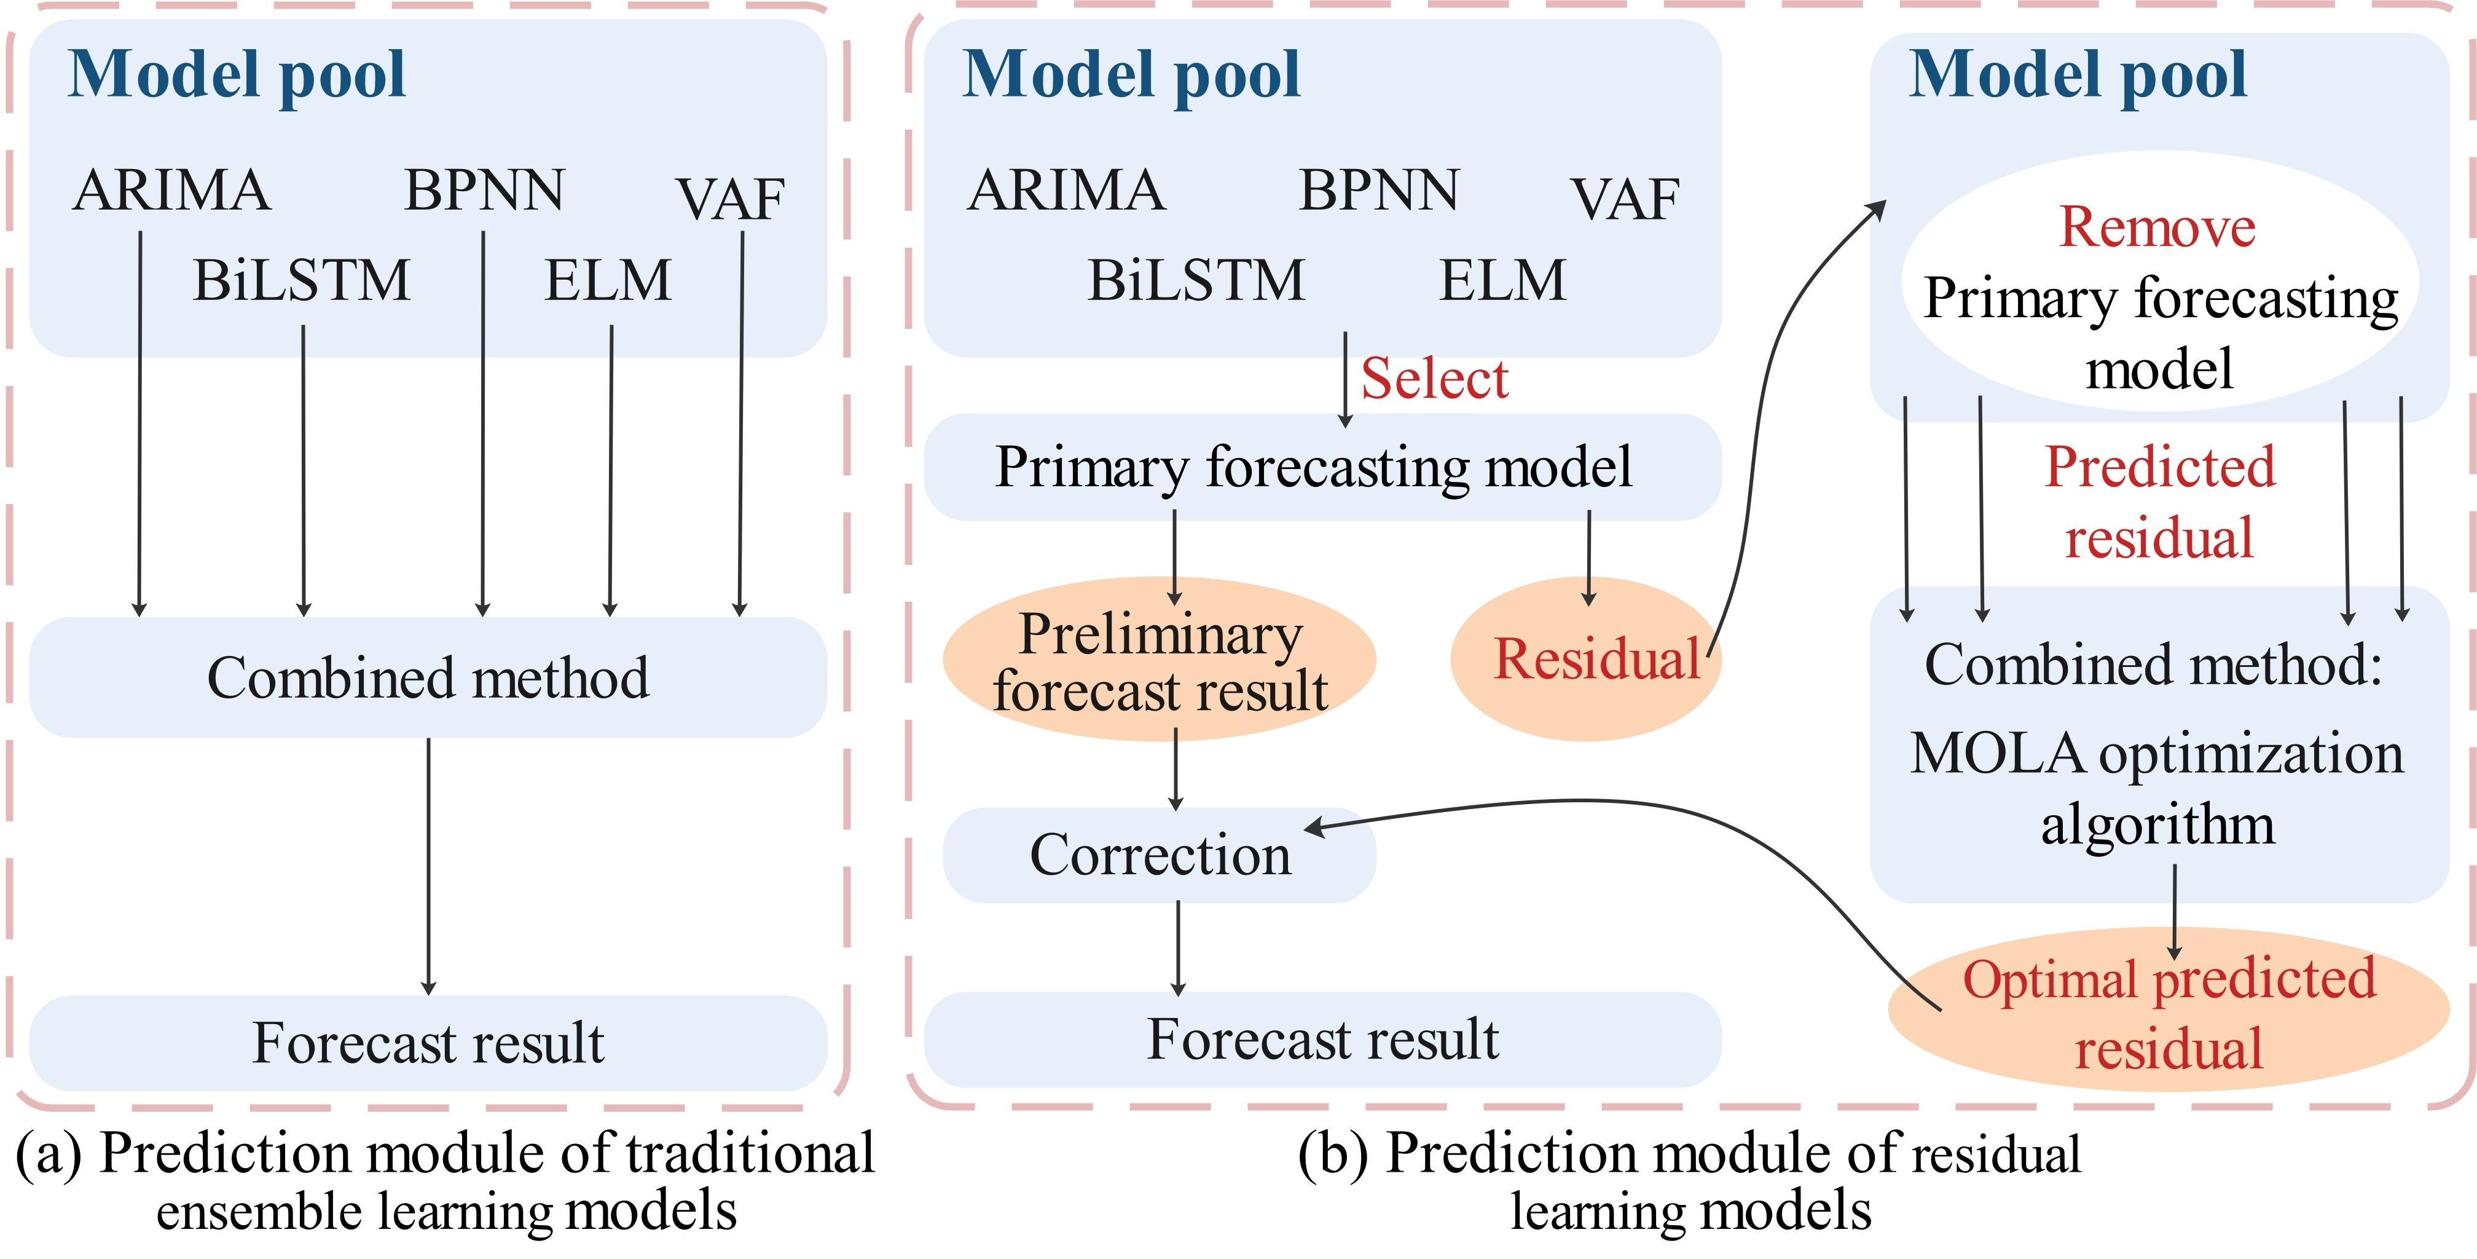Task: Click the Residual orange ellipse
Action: tap(1585, 659)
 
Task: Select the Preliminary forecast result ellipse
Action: tap(1160, 659)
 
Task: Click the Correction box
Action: tap(1160, 855)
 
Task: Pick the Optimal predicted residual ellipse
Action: tap(2169, 1009)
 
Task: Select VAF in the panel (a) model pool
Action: tap(731, 199)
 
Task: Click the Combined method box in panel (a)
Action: tap(428, 677)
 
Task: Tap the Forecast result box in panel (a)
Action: tap(428, 1043)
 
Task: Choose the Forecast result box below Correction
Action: tap(1322, 1040)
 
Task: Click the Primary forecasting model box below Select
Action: tap(1322, 467)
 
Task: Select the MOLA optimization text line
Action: tap(2157, 753)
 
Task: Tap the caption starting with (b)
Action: tap(1689, 1181)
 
